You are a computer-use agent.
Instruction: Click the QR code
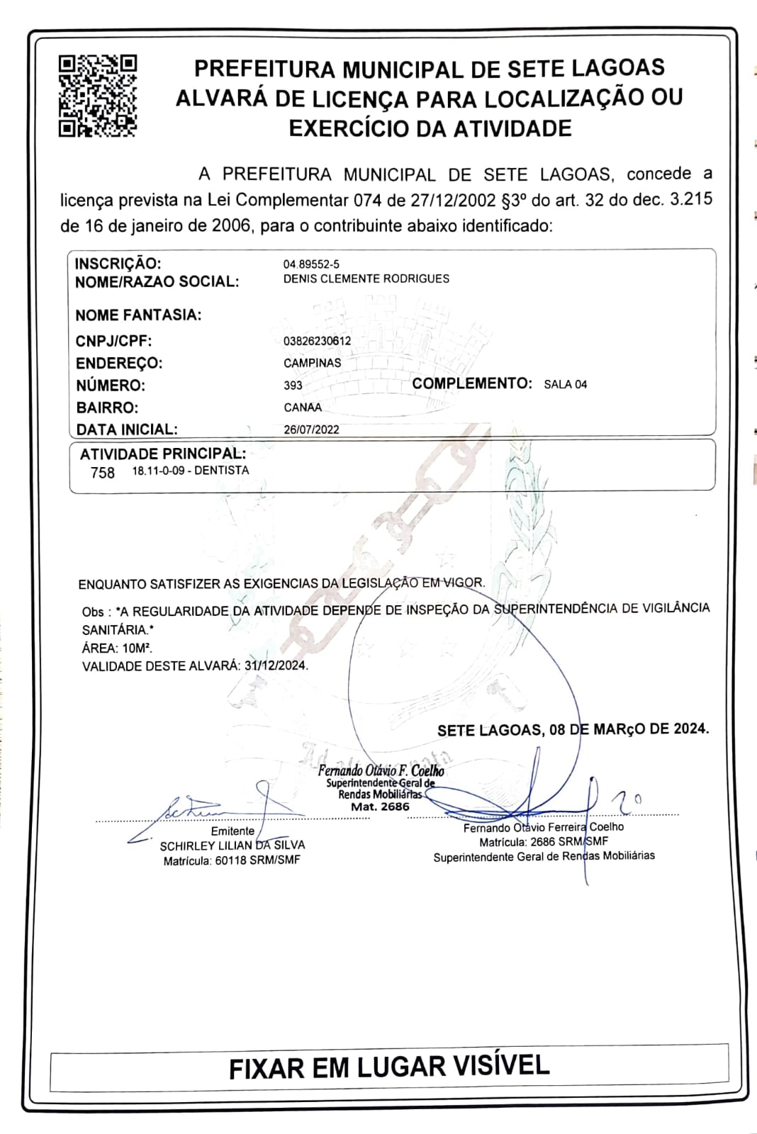(97, 95)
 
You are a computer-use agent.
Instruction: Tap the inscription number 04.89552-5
(311, 264)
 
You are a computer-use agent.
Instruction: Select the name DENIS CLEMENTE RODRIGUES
(366, 279)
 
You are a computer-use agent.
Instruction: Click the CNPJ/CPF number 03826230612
(317, 341)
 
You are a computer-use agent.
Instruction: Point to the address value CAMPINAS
(312, 363)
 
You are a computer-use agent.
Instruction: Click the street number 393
(293, 386)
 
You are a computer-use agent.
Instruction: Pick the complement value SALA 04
(565, 384)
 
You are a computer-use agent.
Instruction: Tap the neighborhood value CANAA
(303, 408)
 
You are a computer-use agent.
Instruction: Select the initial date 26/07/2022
(311, 430)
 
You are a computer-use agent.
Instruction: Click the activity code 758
(103, 473)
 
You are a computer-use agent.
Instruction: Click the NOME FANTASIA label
(138, 315)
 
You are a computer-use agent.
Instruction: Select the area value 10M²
(137, 648)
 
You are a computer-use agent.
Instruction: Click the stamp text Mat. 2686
(380, 807)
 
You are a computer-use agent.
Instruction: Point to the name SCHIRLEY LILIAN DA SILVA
(232, 846)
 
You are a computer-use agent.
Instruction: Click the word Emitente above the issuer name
(232, 831)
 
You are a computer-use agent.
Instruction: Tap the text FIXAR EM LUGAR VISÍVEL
(389, 1067)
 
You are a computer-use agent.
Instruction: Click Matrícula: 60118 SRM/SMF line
(232, 860)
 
